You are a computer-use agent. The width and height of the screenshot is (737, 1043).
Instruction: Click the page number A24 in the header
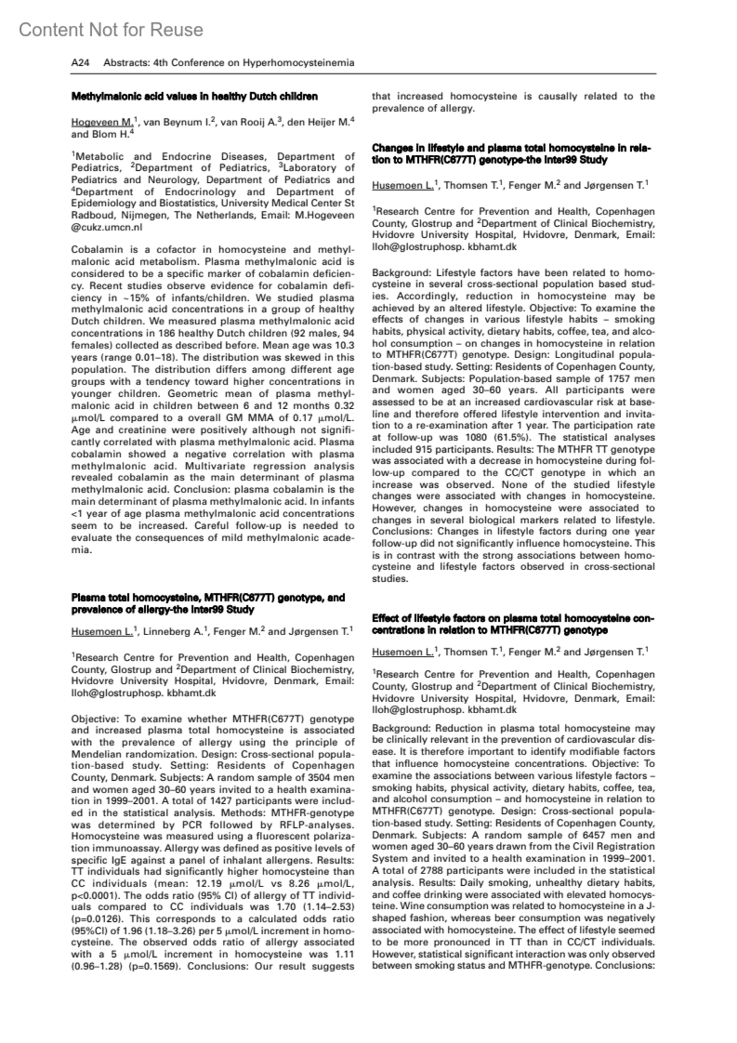click(80, 63)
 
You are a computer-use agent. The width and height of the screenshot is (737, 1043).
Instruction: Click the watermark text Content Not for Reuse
click(111, 29)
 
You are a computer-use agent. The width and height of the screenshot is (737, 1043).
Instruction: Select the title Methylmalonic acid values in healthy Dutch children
click(195, 96)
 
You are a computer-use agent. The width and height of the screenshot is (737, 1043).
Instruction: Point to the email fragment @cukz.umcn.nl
click(107, 227)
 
